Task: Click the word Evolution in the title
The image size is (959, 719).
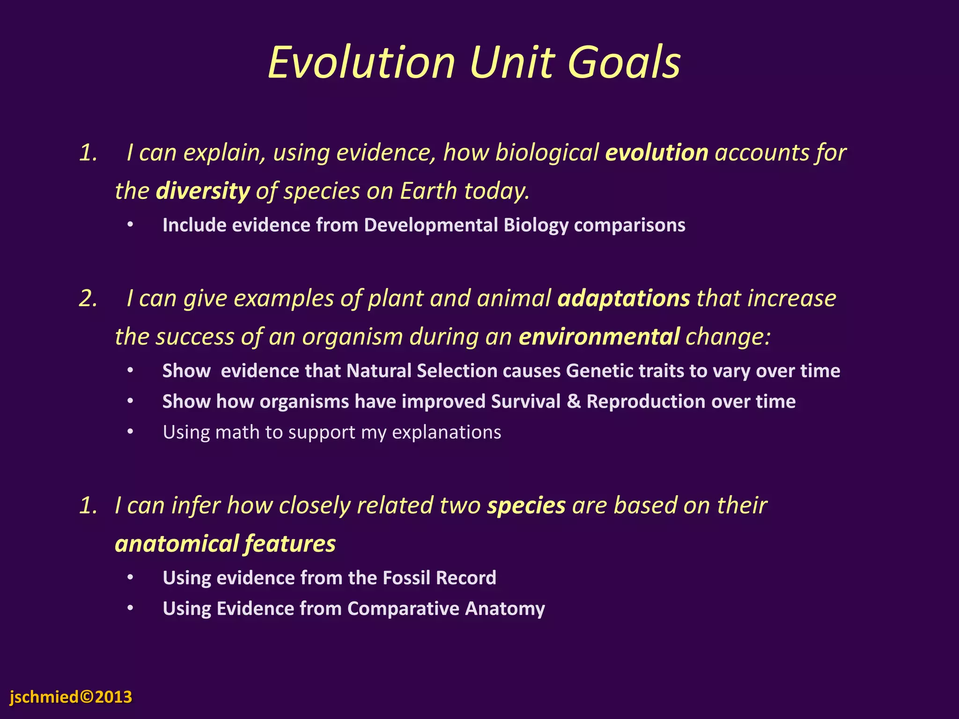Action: click(361, 62)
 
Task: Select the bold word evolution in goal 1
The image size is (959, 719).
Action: click(657, 153)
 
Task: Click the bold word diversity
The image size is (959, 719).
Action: click(203, 191)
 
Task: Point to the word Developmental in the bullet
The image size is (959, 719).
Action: click(431, 225)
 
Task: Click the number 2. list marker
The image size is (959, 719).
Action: click(88, 299)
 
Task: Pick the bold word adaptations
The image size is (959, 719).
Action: click(624, 299)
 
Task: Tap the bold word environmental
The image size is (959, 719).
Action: click(599, 337)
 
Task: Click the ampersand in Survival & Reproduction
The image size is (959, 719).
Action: click(573, 402)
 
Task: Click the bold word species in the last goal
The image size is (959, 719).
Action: click(526, 506)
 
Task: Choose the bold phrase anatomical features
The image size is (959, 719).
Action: click(225, 544)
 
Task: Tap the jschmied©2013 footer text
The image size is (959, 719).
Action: click(71, 697)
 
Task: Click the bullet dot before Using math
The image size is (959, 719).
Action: click(130, 432)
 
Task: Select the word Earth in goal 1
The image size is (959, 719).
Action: click(428, 191)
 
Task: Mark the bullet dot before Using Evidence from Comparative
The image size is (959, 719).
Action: click(130, 608)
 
